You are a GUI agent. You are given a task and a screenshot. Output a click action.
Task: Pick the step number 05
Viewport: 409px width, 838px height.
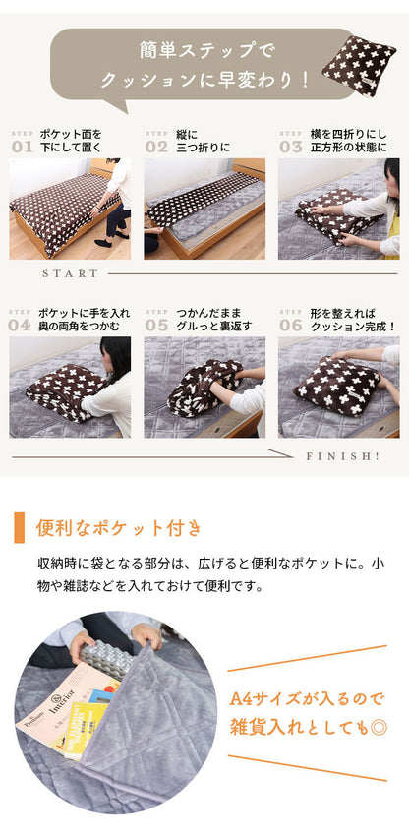pos(156,324)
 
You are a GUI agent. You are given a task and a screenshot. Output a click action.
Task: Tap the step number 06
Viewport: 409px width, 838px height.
pos(290,324)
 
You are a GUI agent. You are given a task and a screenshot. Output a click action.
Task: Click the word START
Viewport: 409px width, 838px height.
pos(71,273)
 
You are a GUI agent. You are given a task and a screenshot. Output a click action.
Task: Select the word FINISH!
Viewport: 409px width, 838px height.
pos(342,456)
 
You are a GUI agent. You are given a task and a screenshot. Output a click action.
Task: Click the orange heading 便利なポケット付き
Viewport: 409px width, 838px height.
pos(118,528)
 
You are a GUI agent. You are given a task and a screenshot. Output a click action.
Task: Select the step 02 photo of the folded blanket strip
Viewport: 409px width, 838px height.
pos(204,208)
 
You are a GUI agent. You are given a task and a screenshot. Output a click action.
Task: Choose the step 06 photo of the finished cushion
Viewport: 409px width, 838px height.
pos(337,387)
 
